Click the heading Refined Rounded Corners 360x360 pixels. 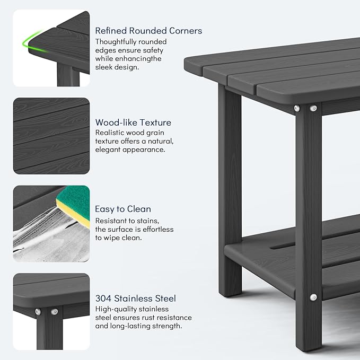[148, 31]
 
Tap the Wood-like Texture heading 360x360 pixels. [133, 122]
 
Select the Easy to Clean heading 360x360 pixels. [123, 209]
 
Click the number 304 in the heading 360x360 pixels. [103, 298]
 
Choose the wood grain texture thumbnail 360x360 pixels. [51, 135]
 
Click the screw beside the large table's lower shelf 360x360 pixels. [313, 297]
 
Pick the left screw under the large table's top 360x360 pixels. [297, 109]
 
